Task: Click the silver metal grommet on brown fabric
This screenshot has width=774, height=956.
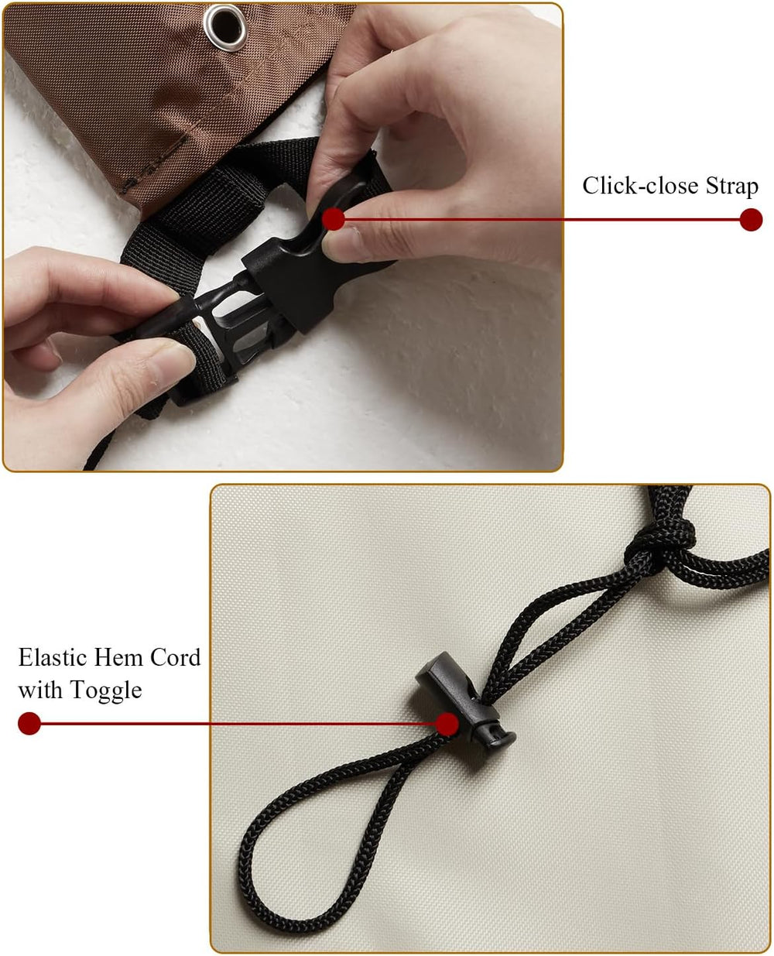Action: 225,26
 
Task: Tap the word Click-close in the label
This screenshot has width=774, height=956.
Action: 640,185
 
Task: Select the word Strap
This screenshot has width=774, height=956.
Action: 732,187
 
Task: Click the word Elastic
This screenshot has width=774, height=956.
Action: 53,657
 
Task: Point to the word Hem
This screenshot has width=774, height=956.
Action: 118,657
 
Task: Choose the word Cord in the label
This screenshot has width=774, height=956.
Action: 176,657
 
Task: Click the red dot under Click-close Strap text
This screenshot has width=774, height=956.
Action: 751,220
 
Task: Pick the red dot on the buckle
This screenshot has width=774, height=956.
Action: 334,220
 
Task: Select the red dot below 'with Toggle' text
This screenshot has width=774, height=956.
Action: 29,724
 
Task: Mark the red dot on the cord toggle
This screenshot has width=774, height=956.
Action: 447,724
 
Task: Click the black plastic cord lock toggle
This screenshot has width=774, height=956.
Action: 467,701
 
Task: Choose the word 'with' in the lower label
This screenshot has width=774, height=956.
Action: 40,690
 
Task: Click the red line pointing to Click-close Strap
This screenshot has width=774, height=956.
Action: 542,220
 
